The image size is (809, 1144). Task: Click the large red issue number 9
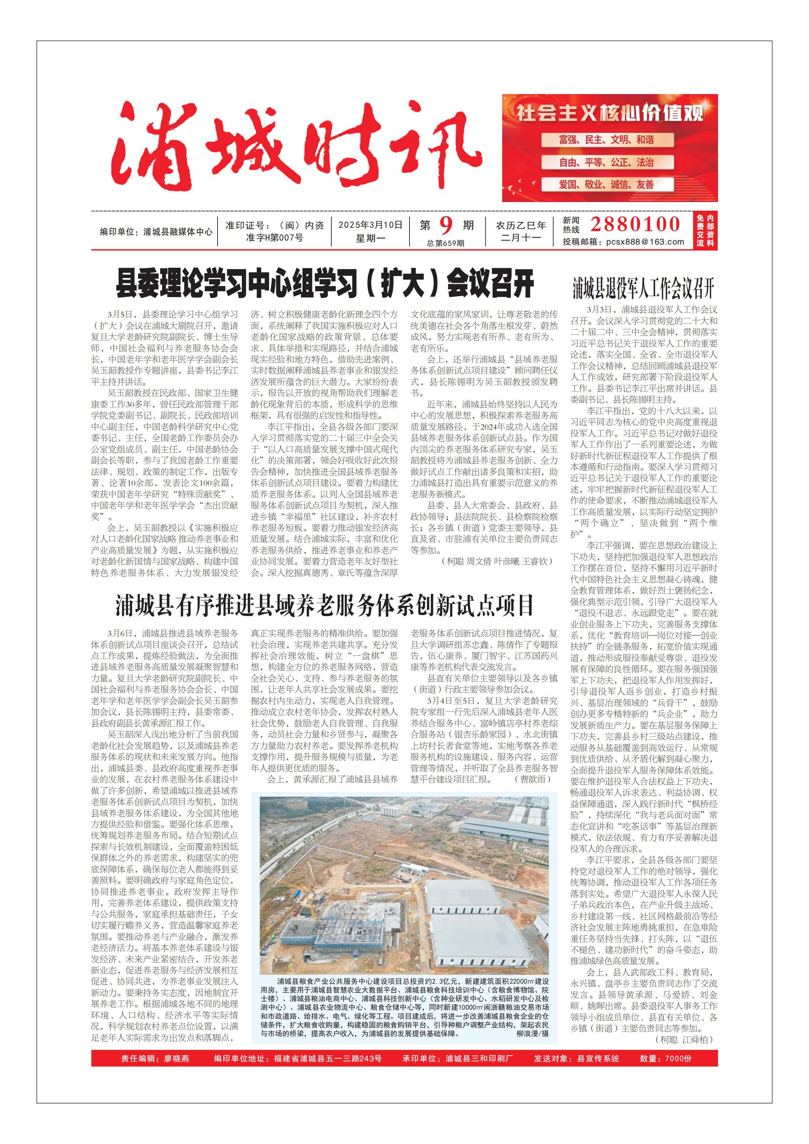click(446, 226)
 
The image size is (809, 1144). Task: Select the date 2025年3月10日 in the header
click(370, 225)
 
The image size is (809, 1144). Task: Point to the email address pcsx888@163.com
click(645, 242)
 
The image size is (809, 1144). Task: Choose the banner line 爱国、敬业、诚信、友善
click(607, 184)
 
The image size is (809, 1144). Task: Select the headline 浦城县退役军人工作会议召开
click(643, 288)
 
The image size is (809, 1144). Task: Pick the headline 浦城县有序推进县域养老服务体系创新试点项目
click(325, 605)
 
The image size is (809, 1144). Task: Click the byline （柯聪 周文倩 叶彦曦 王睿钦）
click(497, 561)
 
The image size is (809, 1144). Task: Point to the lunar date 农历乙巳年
click(521, 225)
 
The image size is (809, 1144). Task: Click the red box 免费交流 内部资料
click(705, 231)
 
